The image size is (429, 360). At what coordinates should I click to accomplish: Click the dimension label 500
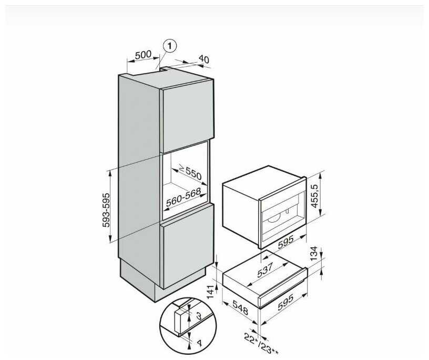pos(142,54)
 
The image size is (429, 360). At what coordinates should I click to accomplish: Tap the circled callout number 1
pos(169,46)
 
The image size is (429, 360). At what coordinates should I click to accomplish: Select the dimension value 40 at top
pos(204,60)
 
